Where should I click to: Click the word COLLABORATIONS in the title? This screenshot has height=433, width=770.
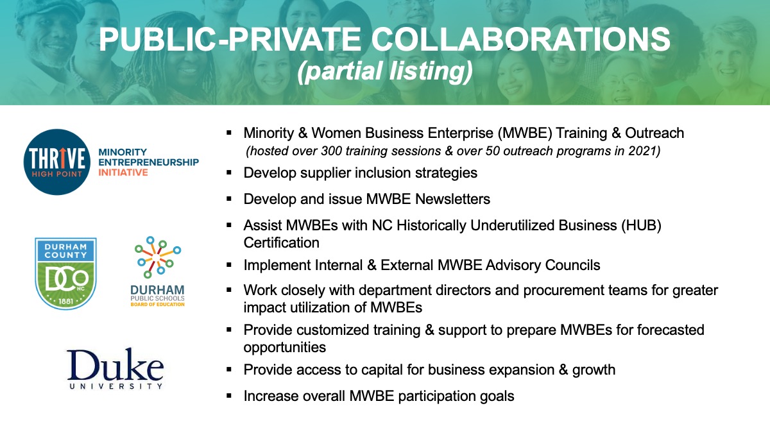tap(521, 40)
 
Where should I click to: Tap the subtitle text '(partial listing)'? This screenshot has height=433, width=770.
tap(385, 71)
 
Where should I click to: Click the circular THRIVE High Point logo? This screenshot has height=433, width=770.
tap(57, 162)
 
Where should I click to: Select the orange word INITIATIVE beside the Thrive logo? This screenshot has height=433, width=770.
tap(123, 173)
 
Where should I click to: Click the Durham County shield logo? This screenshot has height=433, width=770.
tap(65, 273)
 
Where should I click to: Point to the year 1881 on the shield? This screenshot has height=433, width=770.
tap(65, 301)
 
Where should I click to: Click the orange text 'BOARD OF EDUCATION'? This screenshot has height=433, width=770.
tap(157, 305)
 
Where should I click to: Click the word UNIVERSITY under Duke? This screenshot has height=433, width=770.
tap(116, 386)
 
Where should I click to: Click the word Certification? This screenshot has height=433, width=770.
tap(282, 242)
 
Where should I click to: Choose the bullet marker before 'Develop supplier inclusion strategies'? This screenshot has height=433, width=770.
tap(229, 173)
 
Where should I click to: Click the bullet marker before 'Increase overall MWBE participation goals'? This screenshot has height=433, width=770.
tap(229, 396)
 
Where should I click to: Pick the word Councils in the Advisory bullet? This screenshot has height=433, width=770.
tap(572, 266)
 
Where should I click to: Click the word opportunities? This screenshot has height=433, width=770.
tap(285, 348)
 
